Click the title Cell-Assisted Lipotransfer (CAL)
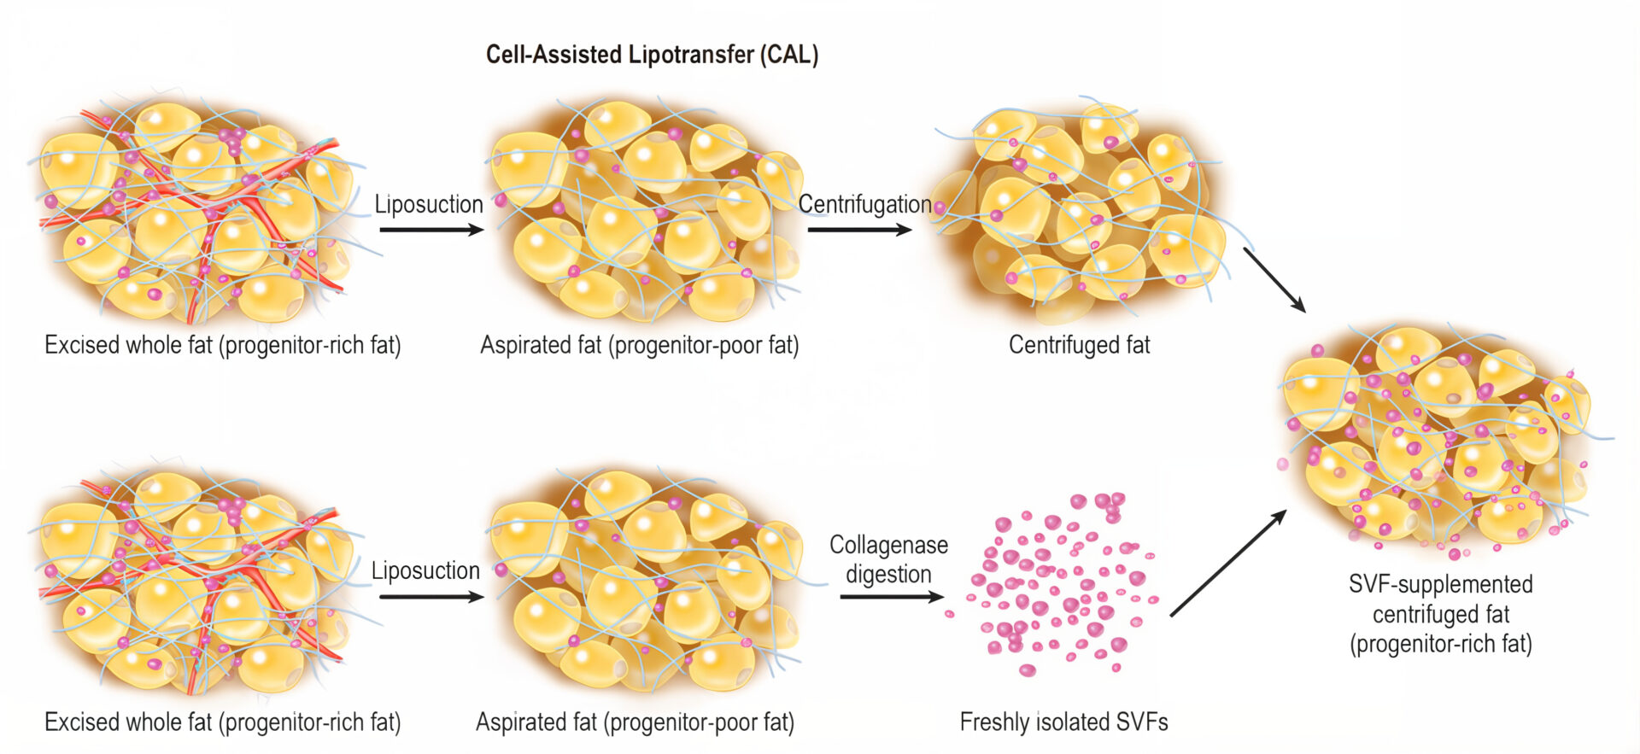click(x=652, y=55)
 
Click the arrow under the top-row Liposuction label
click(x=431, y=230)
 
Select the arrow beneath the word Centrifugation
click(x=859, y=230)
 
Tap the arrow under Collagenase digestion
click(x=892, y=597)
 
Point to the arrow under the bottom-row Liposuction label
click(x=431, y=597)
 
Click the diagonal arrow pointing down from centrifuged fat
click(x=1274, y=280)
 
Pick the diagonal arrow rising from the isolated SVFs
click(x=1228, y=563)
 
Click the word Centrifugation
click(x=864, y=204)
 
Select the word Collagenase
click(x=888, y=545)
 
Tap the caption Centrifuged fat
click(x=1079, y=345)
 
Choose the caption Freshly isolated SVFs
click(x=1063, y=722)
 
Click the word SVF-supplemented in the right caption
click(x=1440, y=584)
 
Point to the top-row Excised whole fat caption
click(x=222, y=345)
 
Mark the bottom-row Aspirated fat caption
click(x=635, y=722)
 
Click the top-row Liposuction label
click(x=429, y=204)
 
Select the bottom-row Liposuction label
click(x=425, y=570)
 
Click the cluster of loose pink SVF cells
click(x=1055, y=582)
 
